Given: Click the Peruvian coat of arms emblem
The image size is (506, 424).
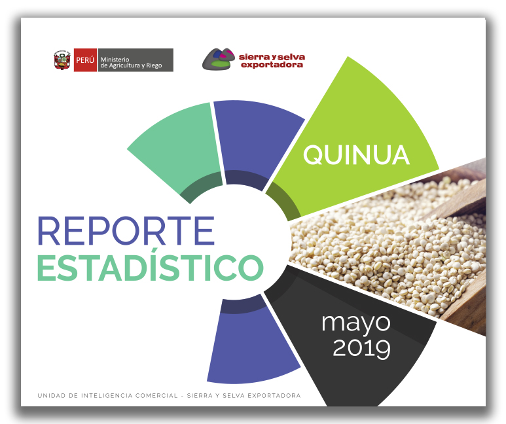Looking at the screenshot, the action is (62, 60).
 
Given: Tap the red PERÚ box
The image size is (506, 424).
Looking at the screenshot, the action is (85, 60).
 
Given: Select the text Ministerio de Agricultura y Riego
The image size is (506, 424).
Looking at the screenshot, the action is (131, 62).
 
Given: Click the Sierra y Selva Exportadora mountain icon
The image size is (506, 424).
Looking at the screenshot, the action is (219, 59).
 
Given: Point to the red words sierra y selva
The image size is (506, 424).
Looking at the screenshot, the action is (272, 57).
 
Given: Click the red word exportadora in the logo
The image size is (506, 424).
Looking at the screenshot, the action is (272, 65).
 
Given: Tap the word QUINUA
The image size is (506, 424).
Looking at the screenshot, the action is (356, 154).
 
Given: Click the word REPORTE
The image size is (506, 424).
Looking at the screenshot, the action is (126, 231).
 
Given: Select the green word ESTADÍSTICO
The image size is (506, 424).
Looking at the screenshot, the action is (151, 266).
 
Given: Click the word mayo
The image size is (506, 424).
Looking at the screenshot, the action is (356, 323).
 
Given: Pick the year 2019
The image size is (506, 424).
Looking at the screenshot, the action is (361, 349).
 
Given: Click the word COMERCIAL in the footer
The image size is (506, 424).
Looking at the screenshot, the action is (156, 396).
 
